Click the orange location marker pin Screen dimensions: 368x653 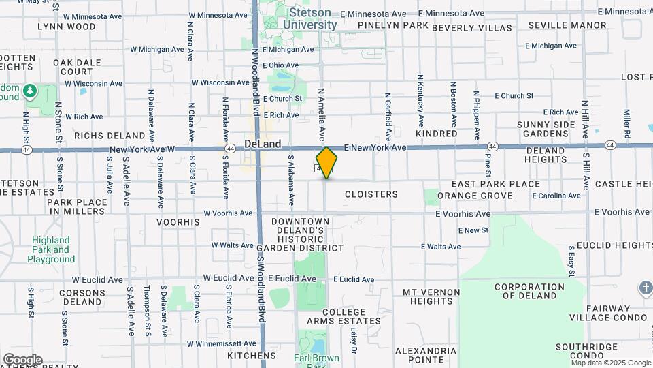tap(326, 163)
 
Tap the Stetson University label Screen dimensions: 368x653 tap(309, 18)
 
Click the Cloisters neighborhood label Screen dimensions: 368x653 tap(371, 194)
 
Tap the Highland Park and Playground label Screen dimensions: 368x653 tap(51, 249)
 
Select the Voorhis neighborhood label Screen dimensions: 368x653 tap(178, 222)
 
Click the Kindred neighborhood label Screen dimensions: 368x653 tap(436, 134)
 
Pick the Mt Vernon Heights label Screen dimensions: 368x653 tap(432, 296)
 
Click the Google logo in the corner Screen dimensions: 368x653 tap(22, 359)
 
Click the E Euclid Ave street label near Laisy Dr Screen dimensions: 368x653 tap(353, 279)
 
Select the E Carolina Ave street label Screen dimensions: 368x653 tap(556, 196)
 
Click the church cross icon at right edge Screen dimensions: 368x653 tap(645, 288)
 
